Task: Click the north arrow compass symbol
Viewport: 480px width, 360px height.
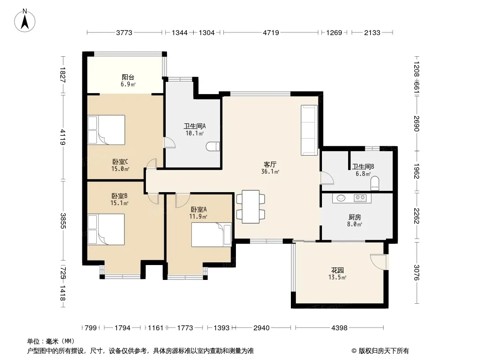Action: click(x=25, y=20)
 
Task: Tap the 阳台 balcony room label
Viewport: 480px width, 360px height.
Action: click(x=128, y=77)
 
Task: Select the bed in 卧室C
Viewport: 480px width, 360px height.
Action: click(x=106, y=130)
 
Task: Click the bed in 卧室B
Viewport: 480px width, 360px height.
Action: click(x=106, y=229)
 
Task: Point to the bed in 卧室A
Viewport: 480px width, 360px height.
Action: click(x=212, y=234)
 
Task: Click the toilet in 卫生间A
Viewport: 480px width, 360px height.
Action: click(x=213, y=147)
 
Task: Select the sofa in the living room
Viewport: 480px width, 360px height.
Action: click(x=309, y=130)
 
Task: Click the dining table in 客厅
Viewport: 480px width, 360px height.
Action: click(x=251, y=207)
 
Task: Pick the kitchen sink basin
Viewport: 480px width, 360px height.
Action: click(x=341, y=198)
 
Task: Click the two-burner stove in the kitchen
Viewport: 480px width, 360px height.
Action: click(x=360, y=198)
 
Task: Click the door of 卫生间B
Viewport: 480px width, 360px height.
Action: click(x=327, y=178)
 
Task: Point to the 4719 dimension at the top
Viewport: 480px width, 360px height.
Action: click(x=271, y=32)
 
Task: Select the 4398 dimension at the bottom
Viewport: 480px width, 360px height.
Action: click(x=340, y=328)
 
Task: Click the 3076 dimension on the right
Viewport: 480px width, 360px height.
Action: click(x=417, y=273)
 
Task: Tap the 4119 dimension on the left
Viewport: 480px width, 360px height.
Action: click(x=63, y=137)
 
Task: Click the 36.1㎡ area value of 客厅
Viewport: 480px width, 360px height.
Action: click(x=270, y=171)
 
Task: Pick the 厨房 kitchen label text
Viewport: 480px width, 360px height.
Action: click(x=355, y=217)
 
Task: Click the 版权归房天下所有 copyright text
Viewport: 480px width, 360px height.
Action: click(x=384, y=351)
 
